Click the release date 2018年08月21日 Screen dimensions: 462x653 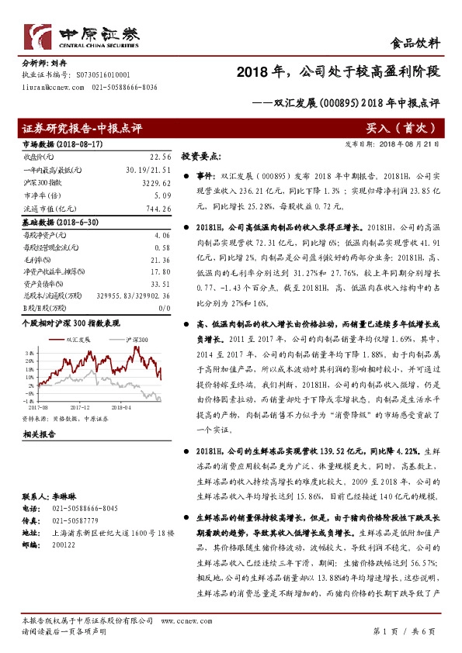pos(411,143)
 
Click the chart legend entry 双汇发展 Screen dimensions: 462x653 pos(78,340)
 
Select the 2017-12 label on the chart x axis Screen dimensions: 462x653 pos(81,405)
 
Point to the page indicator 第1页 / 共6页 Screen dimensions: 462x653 pos(405,630)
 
